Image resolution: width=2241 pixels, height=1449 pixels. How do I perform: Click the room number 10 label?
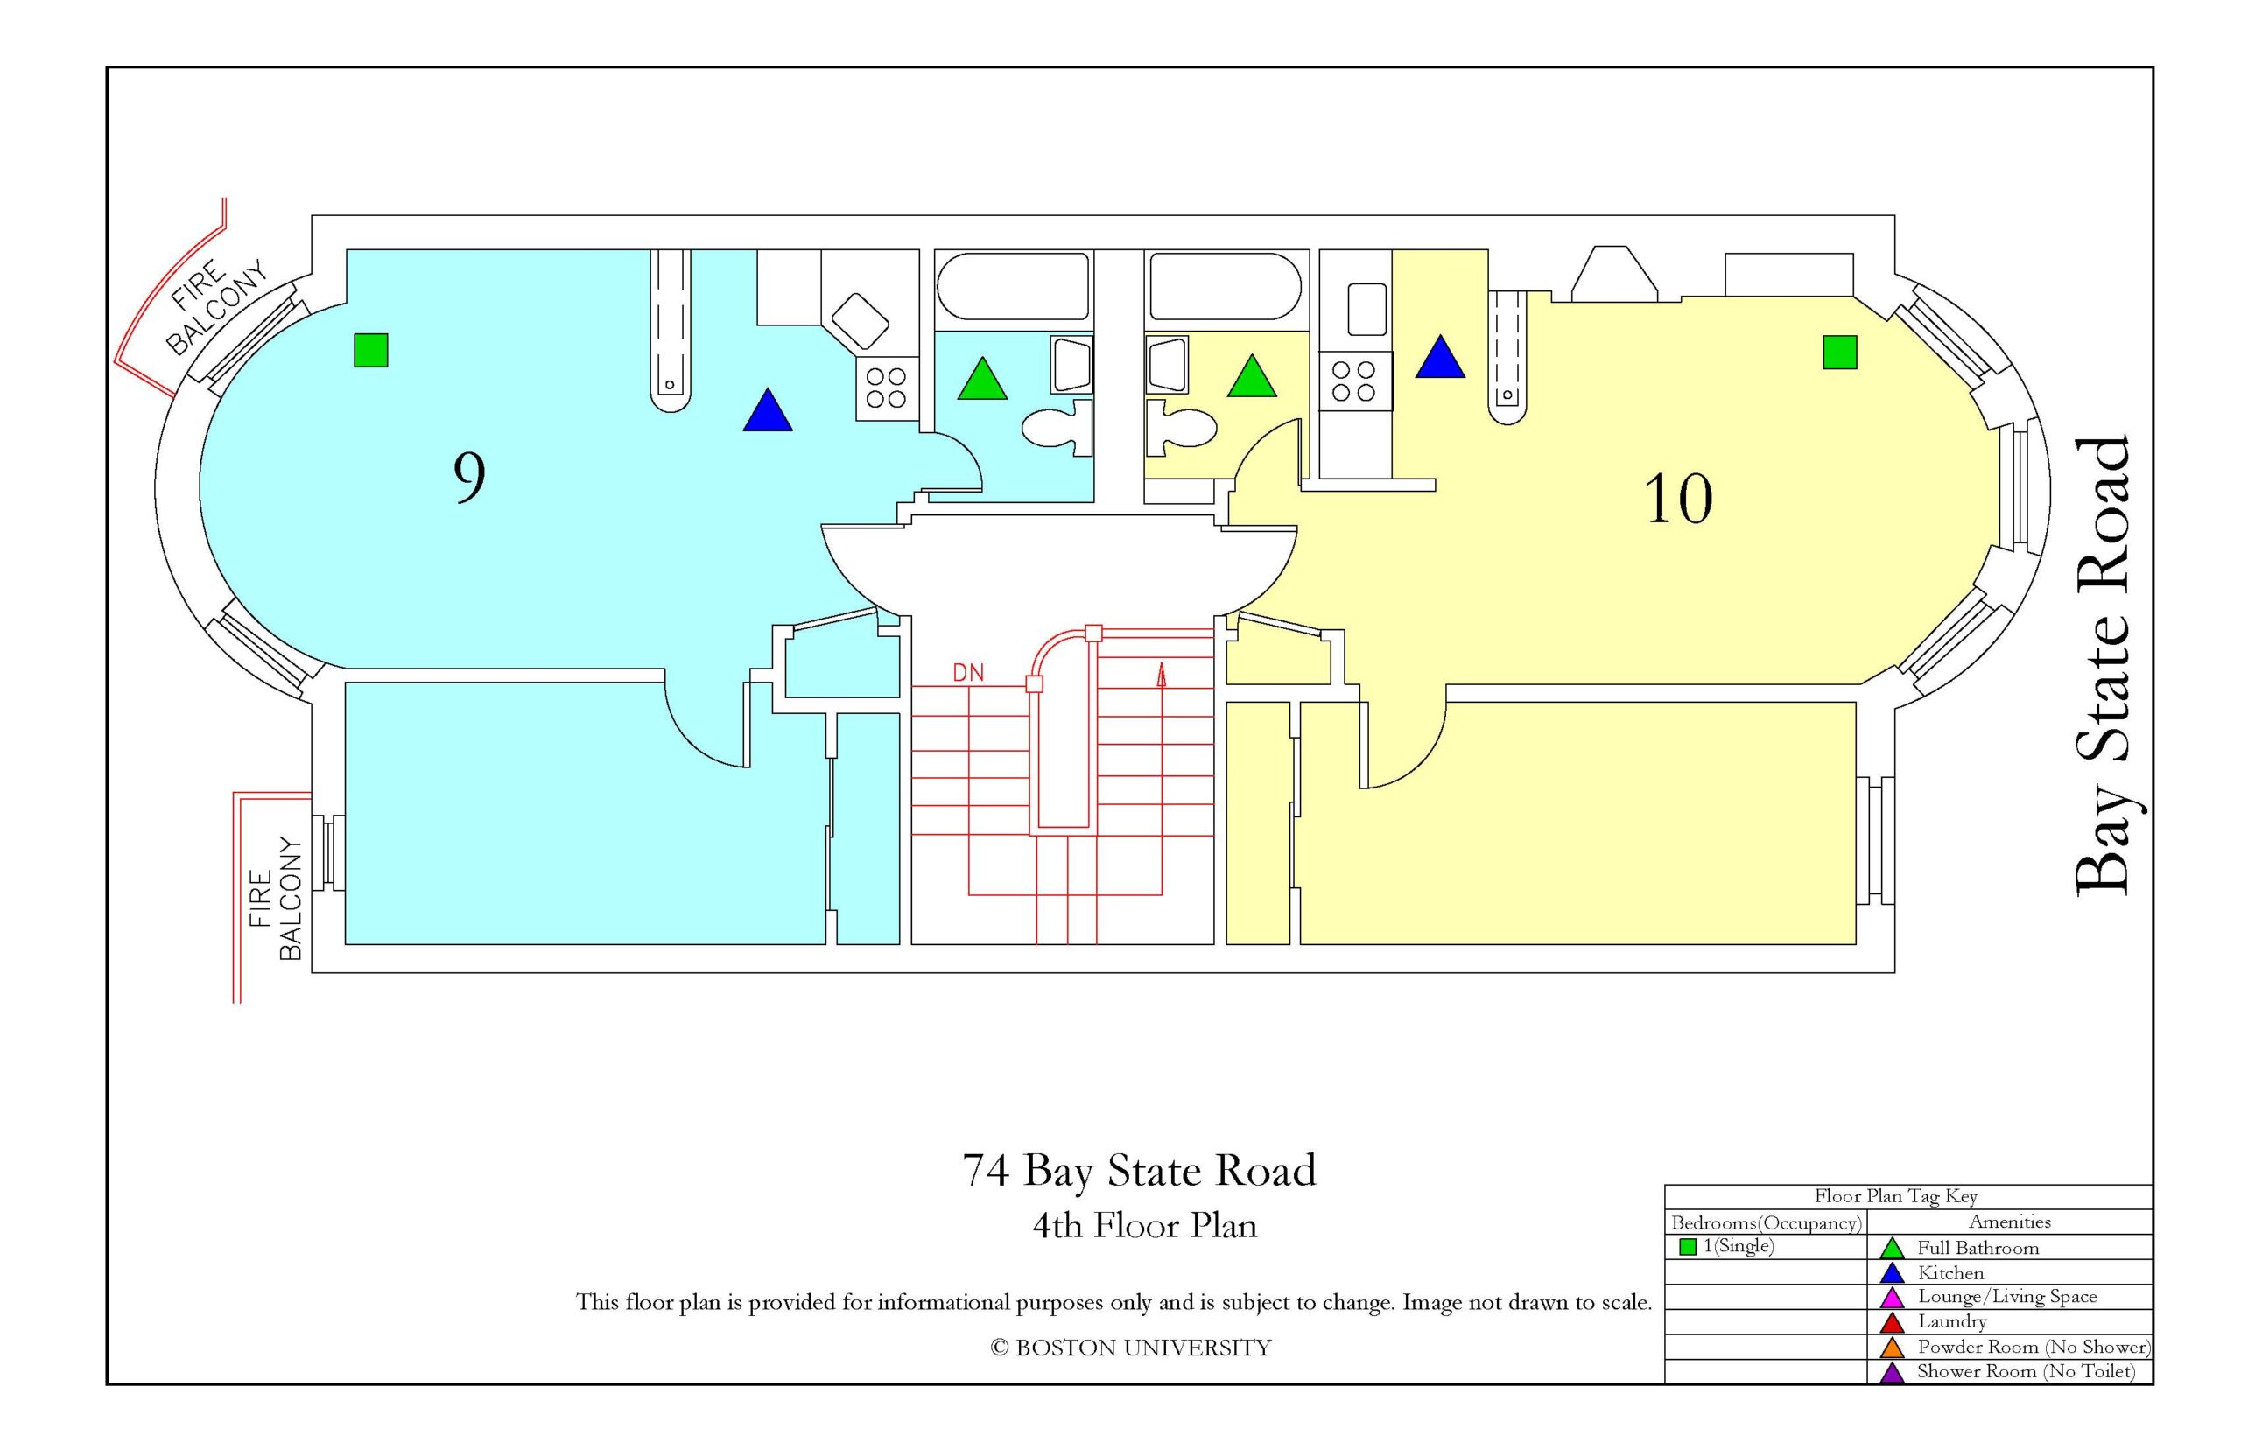1677,499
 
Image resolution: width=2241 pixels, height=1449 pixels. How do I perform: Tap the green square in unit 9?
371,350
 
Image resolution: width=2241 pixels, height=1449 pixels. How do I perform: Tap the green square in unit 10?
1839,352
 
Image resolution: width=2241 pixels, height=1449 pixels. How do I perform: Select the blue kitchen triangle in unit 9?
767,411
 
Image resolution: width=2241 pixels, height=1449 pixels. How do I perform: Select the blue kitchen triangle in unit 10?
1440,358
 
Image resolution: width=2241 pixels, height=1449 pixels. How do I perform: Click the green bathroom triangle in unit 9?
981,379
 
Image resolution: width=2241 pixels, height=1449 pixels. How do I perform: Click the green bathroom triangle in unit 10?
1252,376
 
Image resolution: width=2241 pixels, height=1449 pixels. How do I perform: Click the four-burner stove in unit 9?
886,388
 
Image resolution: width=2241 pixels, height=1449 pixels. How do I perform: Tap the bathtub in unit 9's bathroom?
1013,287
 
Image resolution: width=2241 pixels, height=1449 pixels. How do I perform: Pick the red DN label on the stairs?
967,672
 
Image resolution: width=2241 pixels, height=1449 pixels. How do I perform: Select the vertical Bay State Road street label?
2102,665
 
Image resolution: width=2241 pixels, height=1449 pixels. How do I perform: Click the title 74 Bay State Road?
1138,1171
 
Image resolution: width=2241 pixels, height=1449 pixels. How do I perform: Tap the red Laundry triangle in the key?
1891,1322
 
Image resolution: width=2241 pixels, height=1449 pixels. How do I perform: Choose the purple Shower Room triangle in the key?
1891,1373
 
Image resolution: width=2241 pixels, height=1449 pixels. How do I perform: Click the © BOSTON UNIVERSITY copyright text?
1130,1347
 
